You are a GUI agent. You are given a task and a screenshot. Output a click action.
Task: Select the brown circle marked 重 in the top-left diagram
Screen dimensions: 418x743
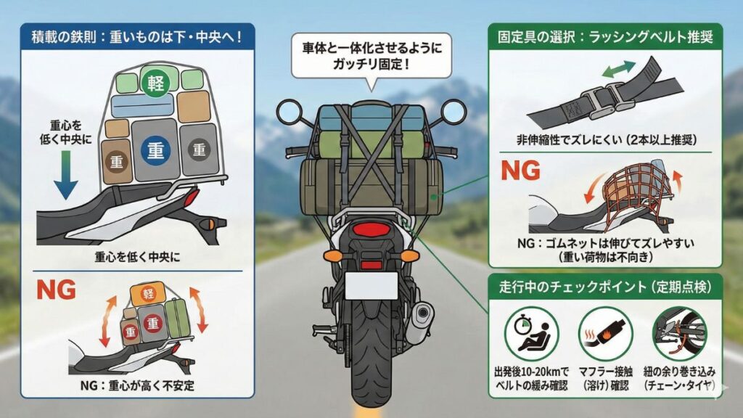[115, 160]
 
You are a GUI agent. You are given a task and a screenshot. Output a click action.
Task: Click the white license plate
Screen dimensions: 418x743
[371, 285]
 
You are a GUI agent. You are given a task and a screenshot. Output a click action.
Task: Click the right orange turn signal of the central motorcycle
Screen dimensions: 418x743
[410, 255]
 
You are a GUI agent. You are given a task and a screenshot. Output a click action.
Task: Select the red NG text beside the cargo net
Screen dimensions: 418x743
[521, 171]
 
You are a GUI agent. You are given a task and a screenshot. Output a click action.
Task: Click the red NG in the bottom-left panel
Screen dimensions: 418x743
[55, 290]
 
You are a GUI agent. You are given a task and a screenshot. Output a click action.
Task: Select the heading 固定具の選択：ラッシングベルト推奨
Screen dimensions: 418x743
[605, 36]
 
